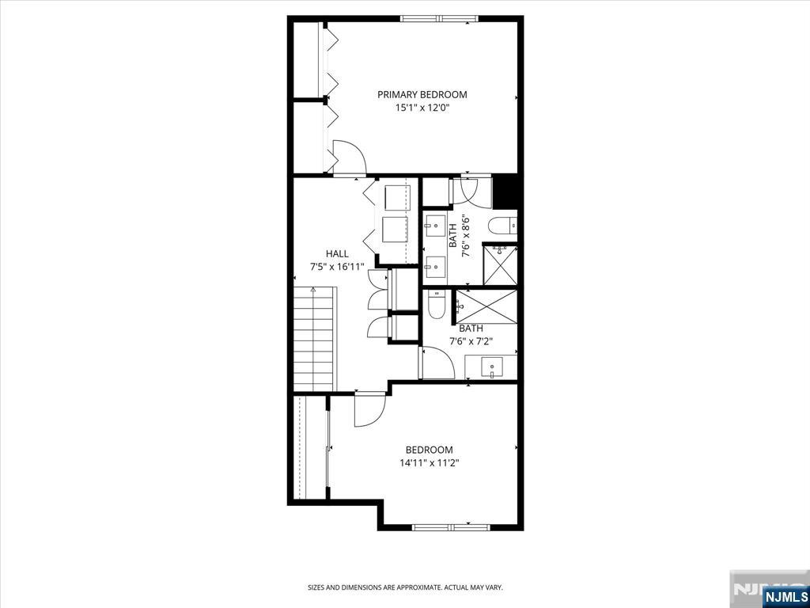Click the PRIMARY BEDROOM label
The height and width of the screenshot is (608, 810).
coord(422,95)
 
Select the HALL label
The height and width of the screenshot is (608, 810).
coord(337,254)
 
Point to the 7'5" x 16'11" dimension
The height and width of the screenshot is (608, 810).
coord(337,267)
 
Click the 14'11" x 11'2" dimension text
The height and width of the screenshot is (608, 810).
coord(430,463)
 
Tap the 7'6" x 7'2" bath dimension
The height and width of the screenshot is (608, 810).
coord(471,341)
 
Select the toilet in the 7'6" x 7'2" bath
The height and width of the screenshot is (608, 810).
coord(437,305)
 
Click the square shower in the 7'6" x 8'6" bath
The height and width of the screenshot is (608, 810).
coord(500,265)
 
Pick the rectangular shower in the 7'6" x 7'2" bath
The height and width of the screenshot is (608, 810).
coord(486,306)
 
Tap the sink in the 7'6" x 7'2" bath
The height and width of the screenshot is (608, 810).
coord(491,367)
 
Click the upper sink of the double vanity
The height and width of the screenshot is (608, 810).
coord(434,225)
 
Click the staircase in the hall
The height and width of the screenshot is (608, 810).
coord(315,339)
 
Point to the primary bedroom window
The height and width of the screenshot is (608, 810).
coord(439,19)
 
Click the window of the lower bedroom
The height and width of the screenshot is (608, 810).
coord(452,527)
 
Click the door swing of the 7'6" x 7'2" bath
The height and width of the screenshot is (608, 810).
coord(438,363)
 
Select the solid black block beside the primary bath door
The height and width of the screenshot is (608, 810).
coord(505,192)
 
